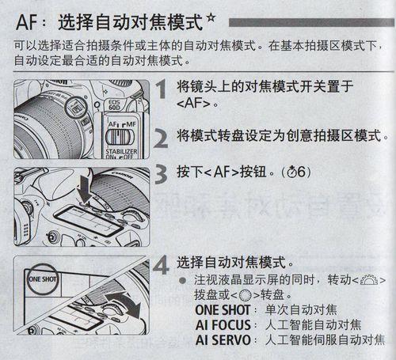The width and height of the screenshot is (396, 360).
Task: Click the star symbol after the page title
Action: pos(211,19)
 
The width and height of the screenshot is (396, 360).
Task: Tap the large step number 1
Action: pos(162,89)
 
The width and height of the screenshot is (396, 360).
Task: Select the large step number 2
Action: pos(161,138)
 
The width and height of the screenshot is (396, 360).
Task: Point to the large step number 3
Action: pos(161,173)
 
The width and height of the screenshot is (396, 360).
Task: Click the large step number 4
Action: pos(161,264)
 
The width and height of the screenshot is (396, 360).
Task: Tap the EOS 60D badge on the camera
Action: pos(114,104)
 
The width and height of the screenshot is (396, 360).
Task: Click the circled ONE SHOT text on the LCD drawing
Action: pos(42,279)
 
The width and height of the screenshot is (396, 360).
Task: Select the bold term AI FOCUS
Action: pos(223,325)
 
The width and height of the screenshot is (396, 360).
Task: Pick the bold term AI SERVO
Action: pos(223,340)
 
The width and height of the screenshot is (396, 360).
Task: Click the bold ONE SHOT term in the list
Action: pos(223,310)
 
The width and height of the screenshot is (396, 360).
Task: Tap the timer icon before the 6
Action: pos(292,172)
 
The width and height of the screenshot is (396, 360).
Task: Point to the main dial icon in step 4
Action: pos(369,280)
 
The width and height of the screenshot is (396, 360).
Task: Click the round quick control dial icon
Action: pos(246,295)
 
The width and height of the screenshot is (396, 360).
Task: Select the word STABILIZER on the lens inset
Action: pos(121,151)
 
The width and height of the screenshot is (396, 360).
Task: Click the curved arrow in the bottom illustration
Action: pos(124,302)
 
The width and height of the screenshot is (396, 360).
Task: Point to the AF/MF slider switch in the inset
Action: pos(120,138)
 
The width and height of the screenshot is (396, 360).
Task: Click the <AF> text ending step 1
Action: pos(193,103)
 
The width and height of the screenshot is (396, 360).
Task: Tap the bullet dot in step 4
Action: pos(182,280)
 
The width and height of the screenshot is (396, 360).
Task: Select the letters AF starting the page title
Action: pos(26,22)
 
